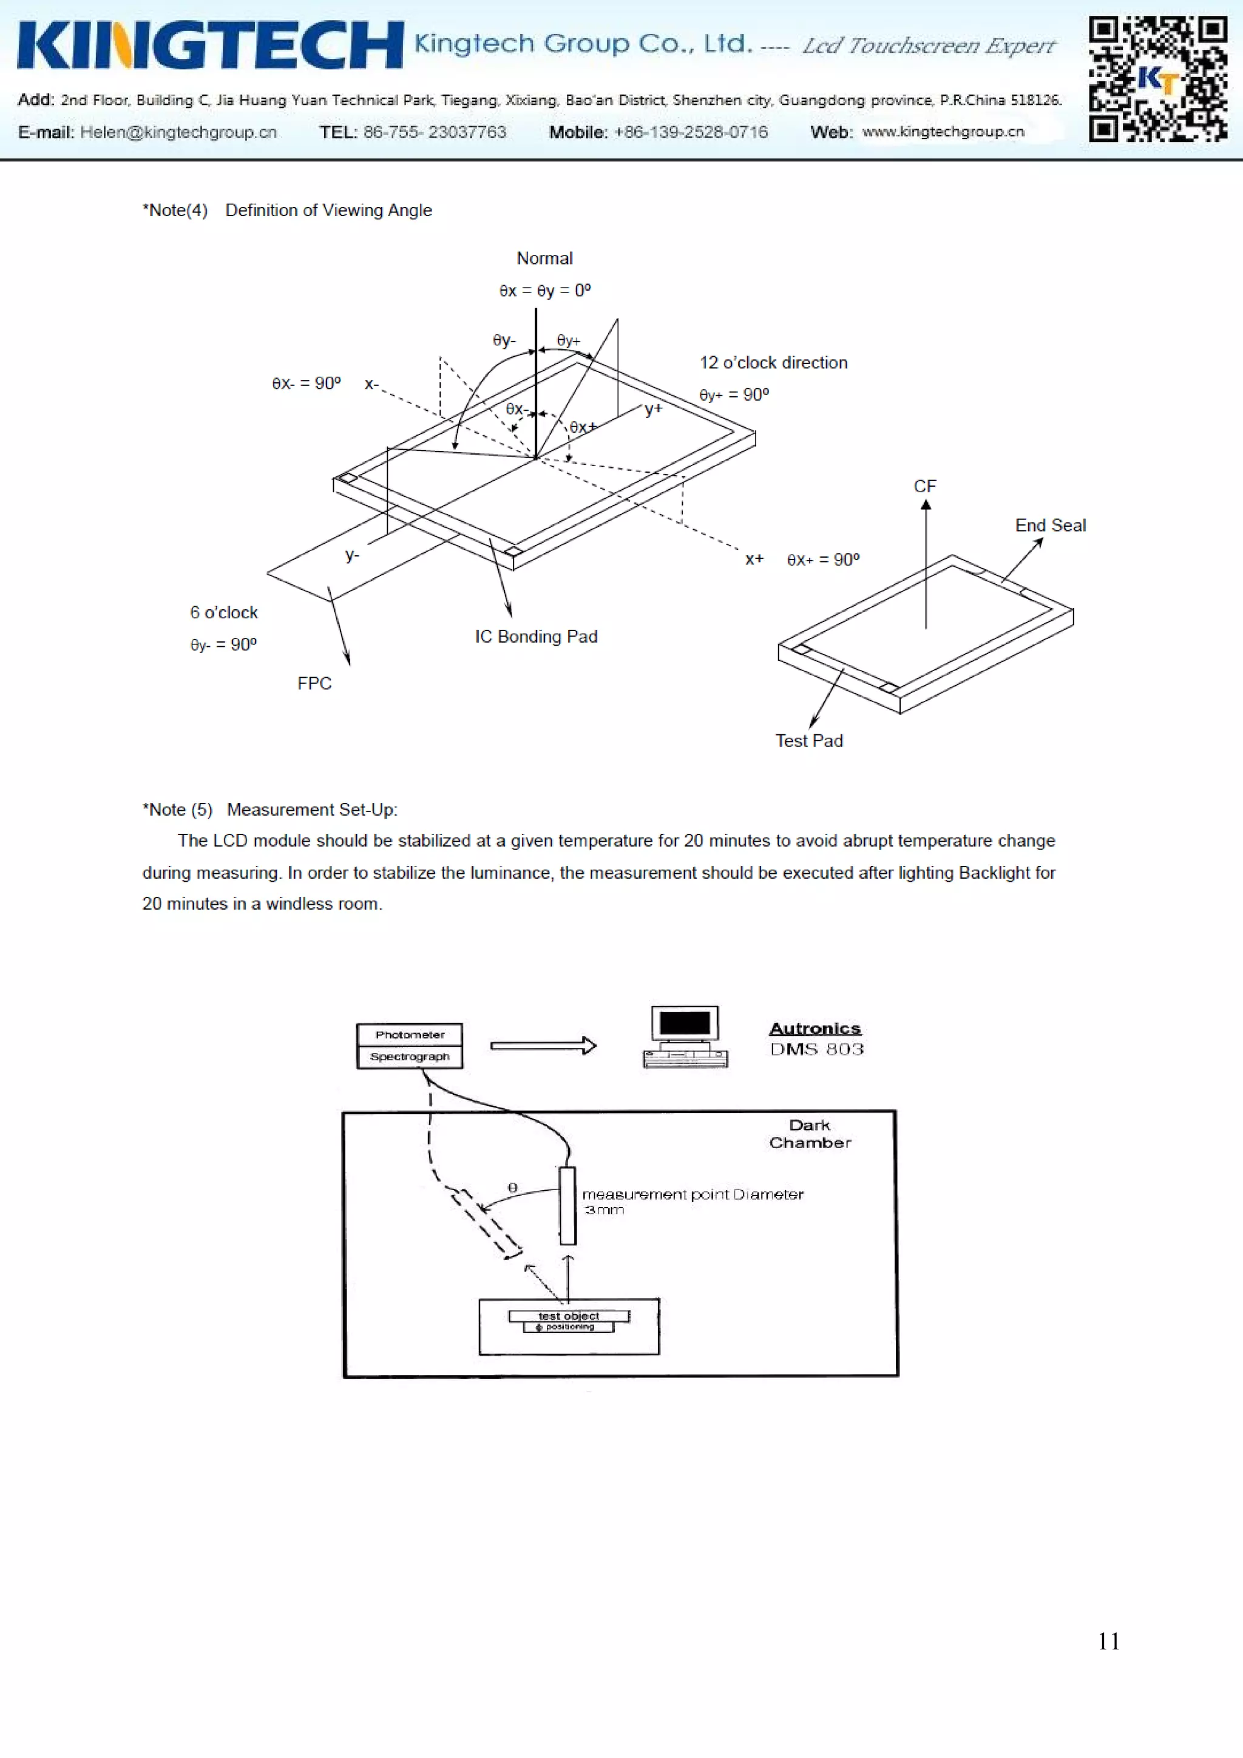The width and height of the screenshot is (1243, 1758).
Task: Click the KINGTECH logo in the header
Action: tap(210, 45)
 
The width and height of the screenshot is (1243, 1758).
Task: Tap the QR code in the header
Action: tap(1157, 79)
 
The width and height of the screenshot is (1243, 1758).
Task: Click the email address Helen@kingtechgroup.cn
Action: tap(178, 132)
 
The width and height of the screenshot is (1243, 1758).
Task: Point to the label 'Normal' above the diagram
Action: tap(544, 259)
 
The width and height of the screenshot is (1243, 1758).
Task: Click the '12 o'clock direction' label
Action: tap(773, 363)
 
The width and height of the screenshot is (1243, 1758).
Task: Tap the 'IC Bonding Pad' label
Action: tap(535, 637)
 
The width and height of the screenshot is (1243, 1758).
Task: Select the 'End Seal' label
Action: tap(1050, 526)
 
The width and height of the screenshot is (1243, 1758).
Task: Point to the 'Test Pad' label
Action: tap(809, 741)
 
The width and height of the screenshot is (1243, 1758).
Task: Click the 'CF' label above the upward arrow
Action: tap(924, 487)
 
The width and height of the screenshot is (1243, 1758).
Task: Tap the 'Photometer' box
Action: tap(410, 1035)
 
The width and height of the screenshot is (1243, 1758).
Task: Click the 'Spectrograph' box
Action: tap(410, 1057)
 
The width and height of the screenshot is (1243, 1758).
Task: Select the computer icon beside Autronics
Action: tap(685, 1038)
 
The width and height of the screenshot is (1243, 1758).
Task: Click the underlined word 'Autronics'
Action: tap(815, 1029)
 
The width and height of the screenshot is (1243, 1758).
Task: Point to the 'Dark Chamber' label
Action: tap(810, 1134)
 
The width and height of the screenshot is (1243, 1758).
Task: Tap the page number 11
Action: tap(1108, 1641)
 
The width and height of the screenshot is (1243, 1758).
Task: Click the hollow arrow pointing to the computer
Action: tap(543, 1046)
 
